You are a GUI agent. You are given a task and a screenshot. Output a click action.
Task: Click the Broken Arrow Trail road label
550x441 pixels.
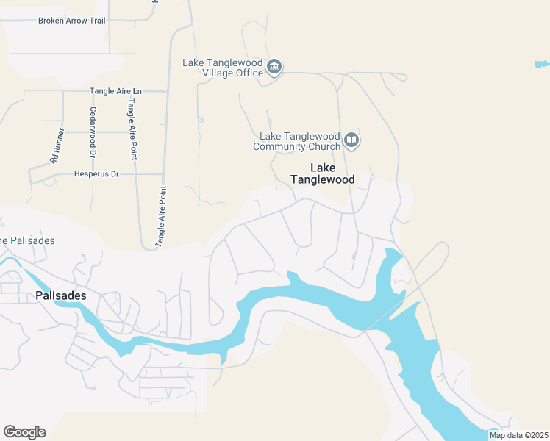point(71,21)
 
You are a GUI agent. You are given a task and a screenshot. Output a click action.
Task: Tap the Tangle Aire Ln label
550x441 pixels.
point(115,91)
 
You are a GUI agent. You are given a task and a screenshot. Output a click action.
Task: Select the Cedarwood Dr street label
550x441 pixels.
point(93,132)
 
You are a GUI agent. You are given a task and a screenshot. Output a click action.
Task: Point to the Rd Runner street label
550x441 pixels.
point(57,146)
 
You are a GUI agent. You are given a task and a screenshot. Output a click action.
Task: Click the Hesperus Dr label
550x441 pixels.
point(96,174)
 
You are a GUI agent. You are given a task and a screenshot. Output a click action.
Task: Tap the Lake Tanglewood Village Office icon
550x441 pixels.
point(274,68)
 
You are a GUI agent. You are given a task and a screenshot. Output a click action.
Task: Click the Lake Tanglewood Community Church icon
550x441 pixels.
point(351,140)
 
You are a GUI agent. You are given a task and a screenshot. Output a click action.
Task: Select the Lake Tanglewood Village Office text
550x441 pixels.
point(223,68)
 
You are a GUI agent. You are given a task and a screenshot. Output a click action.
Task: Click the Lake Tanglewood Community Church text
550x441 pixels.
point(299,141)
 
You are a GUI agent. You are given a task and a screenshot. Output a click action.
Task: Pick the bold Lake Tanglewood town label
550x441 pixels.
point(322,173)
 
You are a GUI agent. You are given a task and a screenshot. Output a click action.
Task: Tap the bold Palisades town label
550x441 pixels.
point(61,295)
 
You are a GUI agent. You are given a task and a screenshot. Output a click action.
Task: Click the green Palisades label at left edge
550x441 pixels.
point(27,240)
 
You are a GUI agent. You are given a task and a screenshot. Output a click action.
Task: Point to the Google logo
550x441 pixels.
point(24,432)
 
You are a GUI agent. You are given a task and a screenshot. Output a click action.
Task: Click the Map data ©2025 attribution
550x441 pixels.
point(518,435)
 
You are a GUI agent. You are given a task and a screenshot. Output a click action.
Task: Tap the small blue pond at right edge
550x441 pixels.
point(542,65)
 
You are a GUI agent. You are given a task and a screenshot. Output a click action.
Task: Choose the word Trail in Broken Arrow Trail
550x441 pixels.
point(95,21)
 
